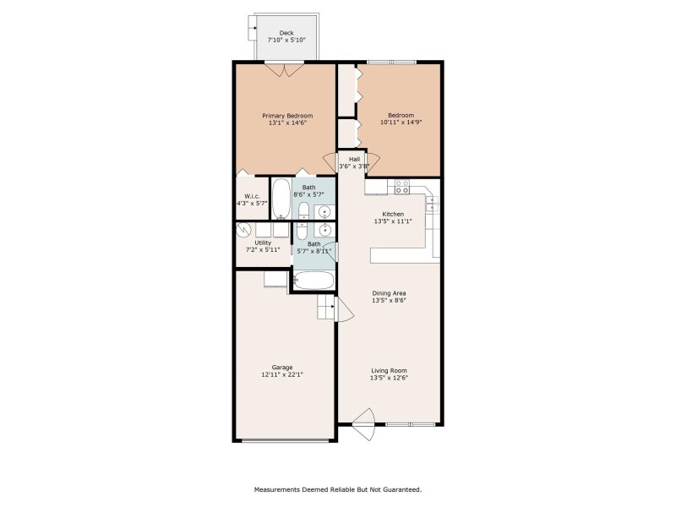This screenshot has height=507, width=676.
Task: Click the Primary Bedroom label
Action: (x=287, y=116)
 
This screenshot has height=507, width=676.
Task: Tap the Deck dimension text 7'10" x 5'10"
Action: (x=286, y=40)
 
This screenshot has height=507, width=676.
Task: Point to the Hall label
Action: (x=354, y=159)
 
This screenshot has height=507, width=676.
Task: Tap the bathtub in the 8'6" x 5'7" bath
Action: (x=281, y=199)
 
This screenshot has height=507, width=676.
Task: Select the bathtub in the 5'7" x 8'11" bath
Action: (x=313, y=281)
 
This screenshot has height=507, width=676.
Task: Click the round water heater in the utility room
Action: (x=245, y=229)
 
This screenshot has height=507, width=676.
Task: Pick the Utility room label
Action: (x=263, y=243)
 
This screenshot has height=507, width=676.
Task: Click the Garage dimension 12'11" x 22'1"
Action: (x=281, y=374)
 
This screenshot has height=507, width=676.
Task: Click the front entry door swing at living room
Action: (x=363, y=424)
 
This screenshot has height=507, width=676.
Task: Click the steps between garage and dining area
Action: (x=326, y=308)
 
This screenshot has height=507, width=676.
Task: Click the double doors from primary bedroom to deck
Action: (x=286, y=71)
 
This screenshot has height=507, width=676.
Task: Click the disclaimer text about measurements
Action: (x=338, y=489)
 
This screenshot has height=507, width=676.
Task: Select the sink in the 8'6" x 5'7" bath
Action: (x=324, y=211)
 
